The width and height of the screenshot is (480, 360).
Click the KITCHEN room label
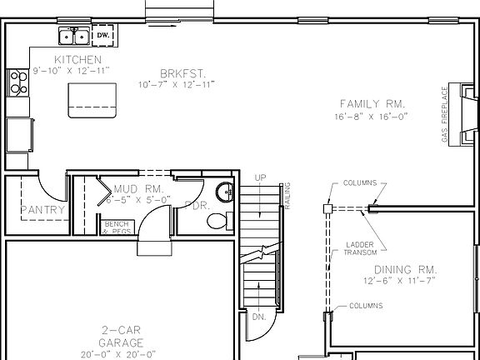pyautogui.click(x=77, y=60)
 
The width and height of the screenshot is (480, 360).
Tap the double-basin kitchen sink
pyautogui.click(x=74, y=36)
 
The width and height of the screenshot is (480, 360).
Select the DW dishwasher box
pyautogui.click(x=103, y=35)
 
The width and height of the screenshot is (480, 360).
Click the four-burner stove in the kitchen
pyautogui.click(x=17, y=81)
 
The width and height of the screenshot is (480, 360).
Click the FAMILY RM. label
pyautogui.click(x=372, y=103)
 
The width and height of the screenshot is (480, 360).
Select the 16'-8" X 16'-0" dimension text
pyautogui.click(x=372, y=117)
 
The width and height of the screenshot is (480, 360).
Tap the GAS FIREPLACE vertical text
pyautogui.click(x=444, y=116)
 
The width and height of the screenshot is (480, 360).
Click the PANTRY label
pyautogui.click(x=42, y=210)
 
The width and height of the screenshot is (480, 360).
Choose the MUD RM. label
pyautogui.click(x=126, y=188)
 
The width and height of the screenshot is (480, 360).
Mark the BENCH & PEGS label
pyautogui.click(x=117, y=227)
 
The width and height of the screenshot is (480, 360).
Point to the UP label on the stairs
pyautogui.click(x=260, y=178)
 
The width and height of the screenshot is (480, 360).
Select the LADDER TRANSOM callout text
pyautogui.click(x=361, y=247)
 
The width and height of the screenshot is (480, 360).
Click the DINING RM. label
pyautogui.click(x=405, y=269)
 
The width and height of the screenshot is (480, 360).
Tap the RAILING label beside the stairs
pyautogui.click(x=287, y=195)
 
